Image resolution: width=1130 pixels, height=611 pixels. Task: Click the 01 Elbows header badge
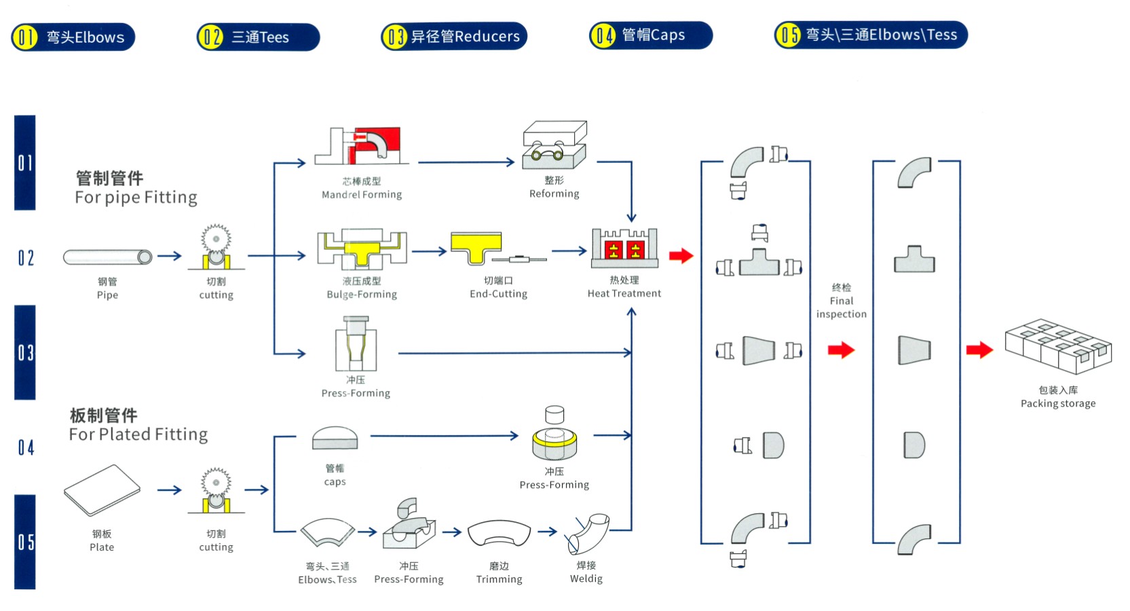pos(73,37)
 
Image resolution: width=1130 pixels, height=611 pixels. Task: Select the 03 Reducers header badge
pos(454,37)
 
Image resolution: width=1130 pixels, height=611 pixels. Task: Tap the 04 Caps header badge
pos(650,35)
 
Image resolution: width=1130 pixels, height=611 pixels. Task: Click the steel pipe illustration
pos(107,257)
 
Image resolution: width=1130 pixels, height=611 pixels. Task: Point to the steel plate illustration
pos(102,490)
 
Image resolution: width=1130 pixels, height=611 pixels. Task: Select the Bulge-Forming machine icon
pos(361,250)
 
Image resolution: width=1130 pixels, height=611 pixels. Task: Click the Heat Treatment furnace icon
pos(624,248)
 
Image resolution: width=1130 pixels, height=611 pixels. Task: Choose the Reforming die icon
pos(554,145)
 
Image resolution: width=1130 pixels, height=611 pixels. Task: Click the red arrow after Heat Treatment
pos(681,256)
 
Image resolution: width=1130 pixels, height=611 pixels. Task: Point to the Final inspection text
pos(841,301)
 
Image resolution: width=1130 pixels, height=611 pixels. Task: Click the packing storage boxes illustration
pos(1058,346)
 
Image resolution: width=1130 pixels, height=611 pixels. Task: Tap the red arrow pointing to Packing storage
pos(979,350)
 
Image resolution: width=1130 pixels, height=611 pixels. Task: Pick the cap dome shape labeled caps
pos(335,439)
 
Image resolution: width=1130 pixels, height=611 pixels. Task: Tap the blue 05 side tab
pos(25,542)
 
